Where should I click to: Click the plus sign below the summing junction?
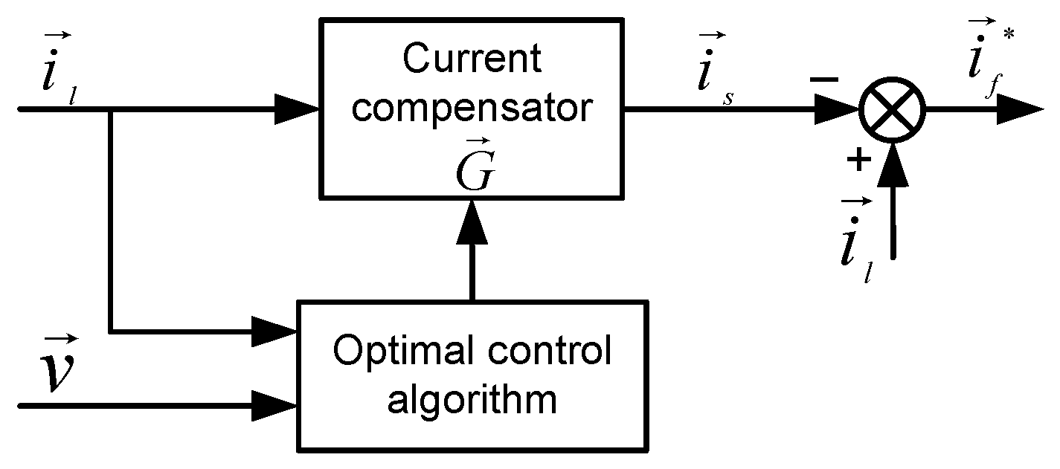click(859, 160)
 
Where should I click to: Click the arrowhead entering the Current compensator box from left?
click(298, 109)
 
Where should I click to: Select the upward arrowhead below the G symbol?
click(471, 224)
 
